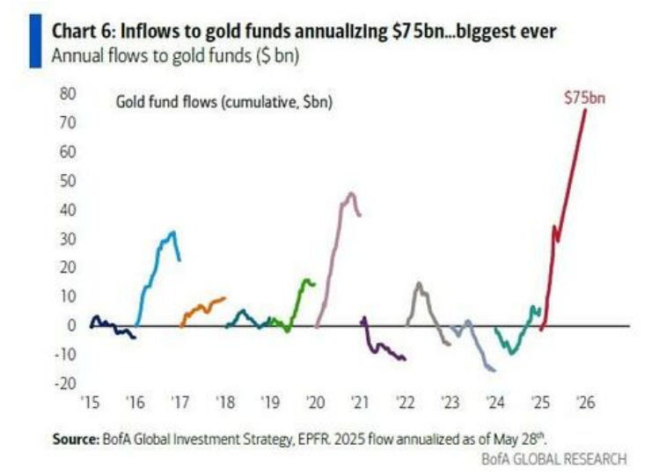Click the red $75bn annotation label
tap(584, 98)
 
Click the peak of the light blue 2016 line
tap(173, 232)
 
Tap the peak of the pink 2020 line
tap(351, 193)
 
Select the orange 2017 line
tap(204, 307)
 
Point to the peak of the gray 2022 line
tap(419, 283)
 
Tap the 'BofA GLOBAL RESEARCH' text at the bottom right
tap(554, 458)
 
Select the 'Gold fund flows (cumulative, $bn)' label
tap(223, 102)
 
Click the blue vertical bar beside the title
tap(34, 40)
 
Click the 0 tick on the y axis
tap(73, 325)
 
